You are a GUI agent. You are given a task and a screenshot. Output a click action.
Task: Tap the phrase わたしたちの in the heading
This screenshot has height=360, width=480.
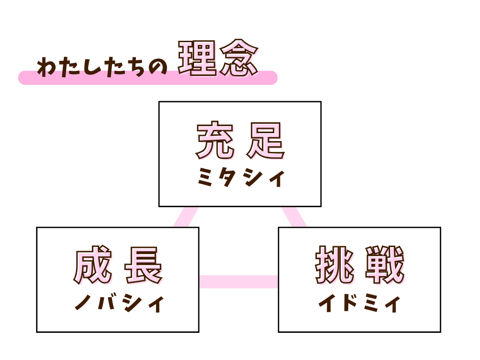[102, 67]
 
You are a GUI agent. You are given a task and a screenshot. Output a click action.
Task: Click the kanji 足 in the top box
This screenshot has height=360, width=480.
[266, 141]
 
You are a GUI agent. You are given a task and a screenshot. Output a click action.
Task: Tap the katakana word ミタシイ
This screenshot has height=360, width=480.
[240, 179]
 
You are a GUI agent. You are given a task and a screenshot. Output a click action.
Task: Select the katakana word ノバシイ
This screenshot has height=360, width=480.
[119, 304]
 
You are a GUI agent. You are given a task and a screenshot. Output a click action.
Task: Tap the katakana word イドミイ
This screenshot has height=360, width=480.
[359, 304]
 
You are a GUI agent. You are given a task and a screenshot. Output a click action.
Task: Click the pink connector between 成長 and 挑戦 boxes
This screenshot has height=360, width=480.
[238, 281]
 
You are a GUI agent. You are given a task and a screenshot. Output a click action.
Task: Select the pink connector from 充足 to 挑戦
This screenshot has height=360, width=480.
[294, 217]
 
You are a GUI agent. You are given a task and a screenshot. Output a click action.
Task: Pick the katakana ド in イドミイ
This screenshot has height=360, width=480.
[347, 304]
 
